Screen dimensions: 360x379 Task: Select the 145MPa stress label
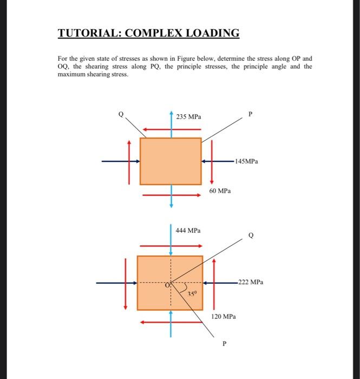[x=247, y=161]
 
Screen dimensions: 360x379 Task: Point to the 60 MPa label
[x=220, y=191]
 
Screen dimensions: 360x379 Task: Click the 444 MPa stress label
[x=188, y=231]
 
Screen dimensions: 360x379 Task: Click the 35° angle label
[x=192, y=294]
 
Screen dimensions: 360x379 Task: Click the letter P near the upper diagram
[x=250, y=114]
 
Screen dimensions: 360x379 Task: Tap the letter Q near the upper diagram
[x=122, y=114]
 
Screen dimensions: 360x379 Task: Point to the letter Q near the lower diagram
[x=250, y=236]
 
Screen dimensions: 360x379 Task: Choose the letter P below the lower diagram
[x=224, y=343]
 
